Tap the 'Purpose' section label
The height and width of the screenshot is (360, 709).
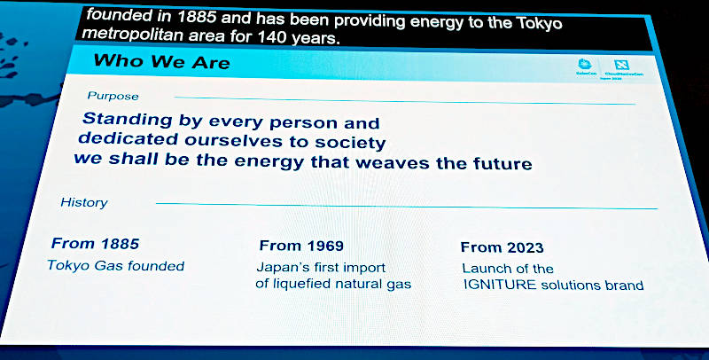[x=113, y=96]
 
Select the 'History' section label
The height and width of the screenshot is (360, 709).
[x=83, y=203]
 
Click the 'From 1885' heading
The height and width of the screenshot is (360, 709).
[x=95, y=242]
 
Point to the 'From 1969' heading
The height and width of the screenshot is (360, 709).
[x=301, y=246]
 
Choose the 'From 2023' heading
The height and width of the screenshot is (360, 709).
[x=503, y=247]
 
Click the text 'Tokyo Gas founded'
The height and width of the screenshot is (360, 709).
[x=115, y=265]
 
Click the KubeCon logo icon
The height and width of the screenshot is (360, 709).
[x=583, y=65]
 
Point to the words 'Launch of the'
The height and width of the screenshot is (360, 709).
[x=508, y=269]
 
